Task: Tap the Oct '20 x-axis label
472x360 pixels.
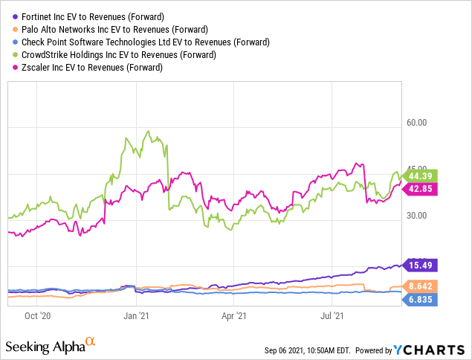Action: pyautogui.click(x=36, y=315)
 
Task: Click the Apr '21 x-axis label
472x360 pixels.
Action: pyautogui.click(x=234, y=315)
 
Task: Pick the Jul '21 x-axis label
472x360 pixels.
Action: pyautogui.click(x=332, y=315)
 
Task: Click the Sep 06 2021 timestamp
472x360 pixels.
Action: pyautogui.click(x=311, y=350)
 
